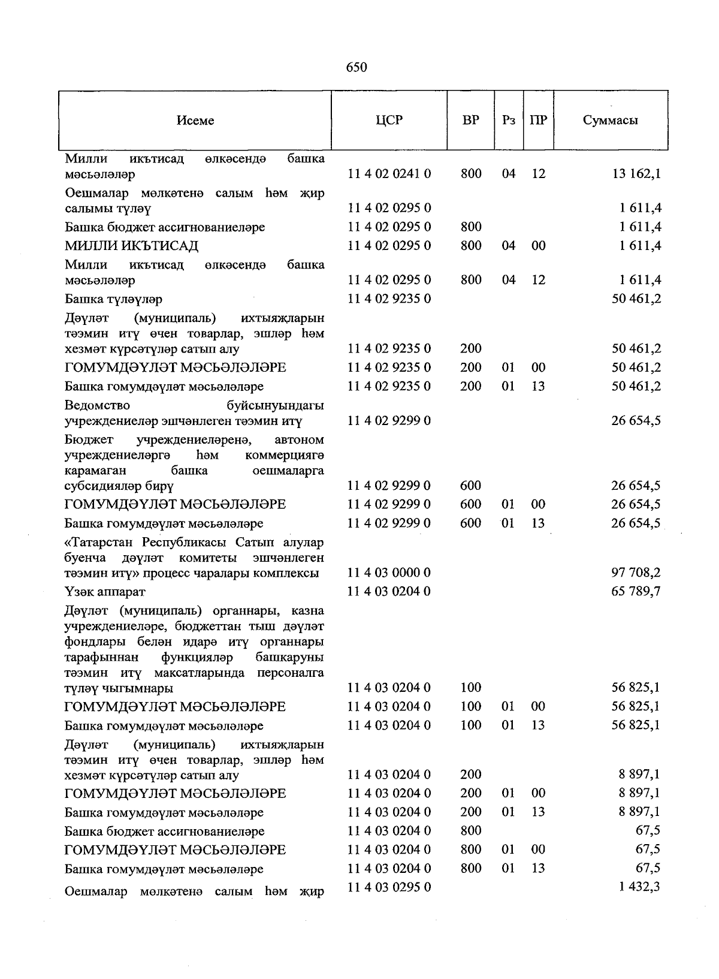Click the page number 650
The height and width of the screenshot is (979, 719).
click(356, 67)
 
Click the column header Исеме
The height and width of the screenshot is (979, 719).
click(195, 121)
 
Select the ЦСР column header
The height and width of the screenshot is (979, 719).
click(389, 120)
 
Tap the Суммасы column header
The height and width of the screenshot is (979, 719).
click(610, 120)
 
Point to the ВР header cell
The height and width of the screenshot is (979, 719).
click(471, 120)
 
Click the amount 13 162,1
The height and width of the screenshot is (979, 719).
click(637, 174)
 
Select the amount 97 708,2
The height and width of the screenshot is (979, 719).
click(636, 573)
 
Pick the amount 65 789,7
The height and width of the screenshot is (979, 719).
click(636, 592)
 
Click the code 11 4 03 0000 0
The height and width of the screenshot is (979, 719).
click(389, 573)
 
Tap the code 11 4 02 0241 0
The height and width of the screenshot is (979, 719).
click(389, 174)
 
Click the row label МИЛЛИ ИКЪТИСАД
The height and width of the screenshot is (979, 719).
click(131, 246)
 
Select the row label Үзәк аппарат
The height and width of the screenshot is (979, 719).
click(105, 592)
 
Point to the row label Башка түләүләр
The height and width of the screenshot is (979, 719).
click(113, 299)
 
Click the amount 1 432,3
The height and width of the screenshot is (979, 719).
click(639, 887)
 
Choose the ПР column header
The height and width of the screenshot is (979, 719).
click(538, 120)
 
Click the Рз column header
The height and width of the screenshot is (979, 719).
click(509, 120)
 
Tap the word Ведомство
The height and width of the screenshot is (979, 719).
click(97, 406)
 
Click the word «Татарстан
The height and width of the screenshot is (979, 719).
click(101, 543)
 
